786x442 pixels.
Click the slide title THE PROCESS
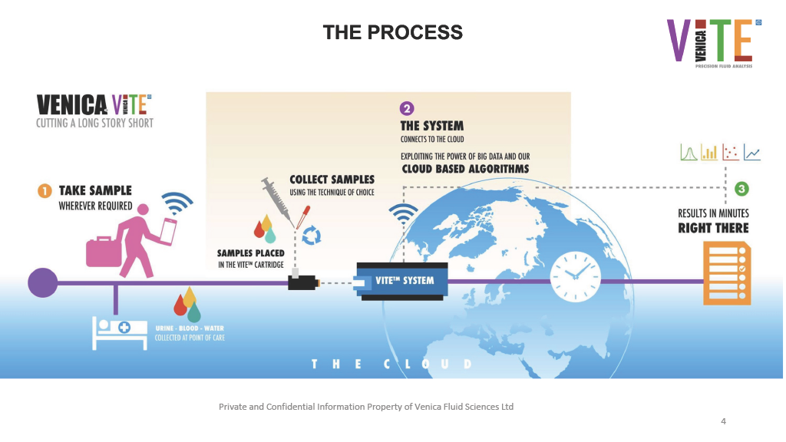click(392, 32)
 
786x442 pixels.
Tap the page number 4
click(723, 421)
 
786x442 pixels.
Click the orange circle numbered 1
click(45, 190)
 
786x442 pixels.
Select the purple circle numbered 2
click(407, 109)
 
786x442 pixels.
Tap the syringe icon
click(274, 196)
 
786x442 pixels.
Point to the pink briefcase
click(102, 251)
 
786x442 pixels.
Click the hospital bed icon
click(119, 333)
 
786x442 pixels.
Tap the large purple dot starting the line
click(43, 282)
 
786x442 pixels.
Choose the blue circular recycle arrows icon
click(312, 236)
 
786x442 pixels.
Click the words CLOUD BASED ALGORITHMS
click(464, 169)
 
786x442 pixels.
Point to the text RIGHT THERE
click(713, 228)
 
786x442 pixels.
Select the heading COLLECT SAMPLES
click(332, 180)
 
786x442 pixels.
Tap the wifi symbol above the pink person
click(177, 202)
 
